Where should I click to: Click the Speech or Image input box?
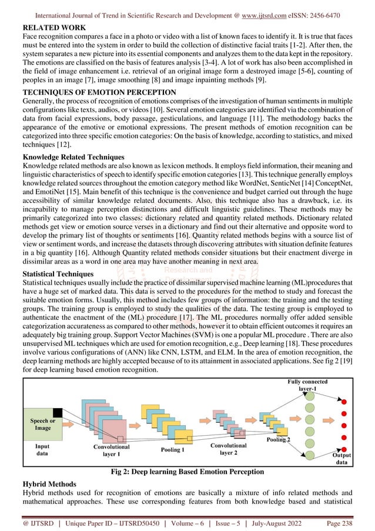(x=42, y=424)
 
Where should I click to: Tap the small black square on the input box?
(x=57, y=413)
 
